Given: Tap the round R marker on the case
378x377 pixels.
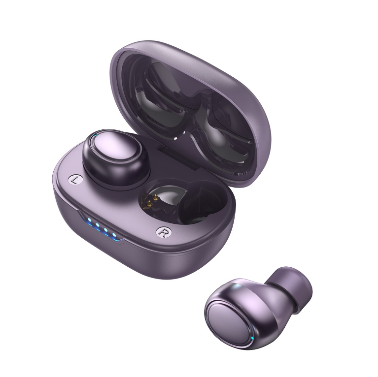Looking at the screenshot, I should pyautogui.click(x=163, y=232).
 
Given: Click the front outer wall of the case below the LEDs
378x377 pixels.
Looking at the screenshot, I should pyautogui.click(x=123, y=256).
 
